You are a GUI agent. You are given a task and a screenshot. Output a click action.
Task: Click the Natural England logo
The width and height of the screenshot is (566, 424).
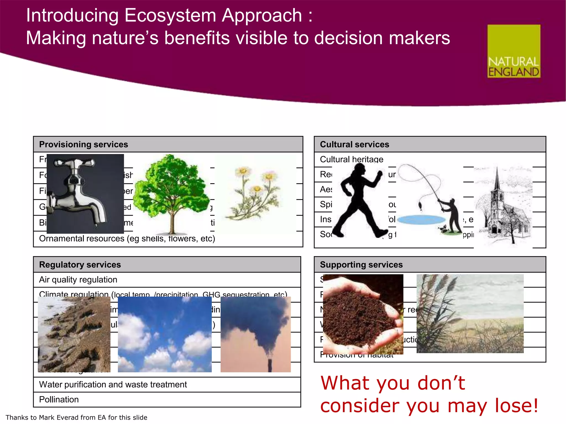[x=513, y=51]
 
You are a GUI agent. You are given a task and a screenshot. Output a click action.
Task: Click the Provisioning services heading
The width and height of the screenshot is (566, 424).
[x=83, y=144]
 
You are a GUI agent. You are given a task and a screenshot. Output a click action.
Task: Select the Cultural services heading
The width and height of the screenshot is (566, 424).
[x=354, y=144]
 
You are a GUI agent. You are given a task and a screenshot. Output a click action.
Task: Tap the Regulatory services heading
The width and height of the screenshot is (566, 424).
[x=80, y=264]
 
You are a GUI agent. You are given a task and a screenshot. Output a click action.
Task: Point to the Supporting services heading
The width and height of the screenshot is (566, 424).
[x=361, y=264]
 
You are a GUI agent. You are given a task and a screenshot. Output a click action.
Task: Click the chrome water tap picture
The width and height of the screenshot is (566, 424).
[x=85, y=194]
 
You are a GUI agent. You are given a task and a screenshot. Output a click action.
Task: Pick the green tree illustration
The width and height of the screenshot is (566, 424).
[x=172, y=193]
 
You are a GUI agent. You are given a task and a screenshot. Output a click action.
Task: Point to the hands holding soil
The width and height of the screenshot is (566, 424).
[x=363, y=315]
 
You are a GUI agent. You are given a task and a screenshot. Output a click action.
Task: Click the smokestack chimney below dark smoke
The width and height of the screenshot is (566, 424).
[x=270, y=365]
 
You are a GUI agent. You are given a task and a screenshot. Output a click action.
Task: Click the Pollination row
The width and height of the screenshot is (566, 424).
[x=59, y=399]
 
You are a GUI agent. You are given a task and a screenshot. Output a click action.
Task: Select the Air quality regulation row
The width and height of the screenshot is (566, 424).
[x=78, y=280]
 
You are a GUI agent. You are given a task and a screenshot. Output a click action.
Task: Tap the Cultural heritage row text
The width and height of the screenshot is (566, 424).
[x=352, y=159]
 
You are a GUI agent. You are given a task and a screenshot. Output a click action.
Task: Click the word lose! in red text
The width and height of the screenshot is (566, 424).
[x=516, y=406]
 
